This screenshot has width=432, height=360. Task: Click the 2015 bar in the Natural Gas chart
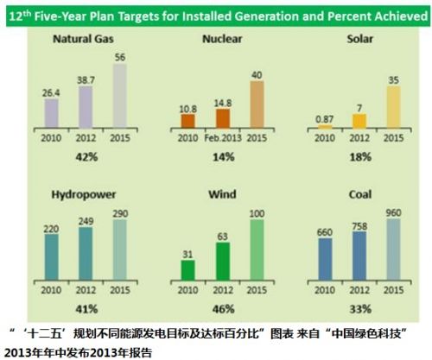pos(120,96)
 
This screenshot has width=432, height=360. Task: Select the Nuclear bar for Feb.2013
pos(223,118)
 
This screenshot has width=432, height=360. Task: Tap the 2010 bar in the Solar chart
pos(325,127)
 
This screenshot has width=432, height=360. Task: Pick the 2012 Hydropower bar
pos(86,254)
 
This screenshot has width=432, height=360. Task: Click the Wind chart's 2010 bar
pos(187,270)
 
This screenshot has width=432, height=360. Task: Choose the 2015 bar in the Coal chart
pos(393,249)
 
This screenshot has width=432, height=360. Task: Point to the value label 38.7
pos(86,80)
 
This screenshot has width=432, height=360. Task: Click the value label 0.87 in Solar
pos(324,119)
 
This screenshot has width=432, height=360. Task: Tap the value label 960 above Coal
pos(393,213)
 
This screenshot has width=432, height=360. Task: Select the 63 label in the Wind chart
pos(223,237)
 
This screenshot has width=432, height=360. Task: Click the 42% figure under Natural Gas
pos(86,157)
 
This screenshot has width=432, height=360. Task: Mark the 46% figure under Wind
pos(224,309)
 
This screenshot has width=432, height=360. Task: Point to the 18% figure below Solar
pos(360,157)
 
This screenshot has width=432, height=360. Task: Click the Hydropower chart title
pos(84,195)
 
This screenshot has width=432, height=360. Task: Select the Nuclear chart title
pos(222,39)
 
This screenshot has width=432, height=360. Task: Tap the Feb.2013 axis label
pos(223,138)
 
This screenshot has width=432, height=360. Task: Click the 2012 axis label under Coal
pos(359,290)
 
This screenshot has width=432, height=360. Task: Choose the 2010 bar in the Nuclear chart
pos(187,121)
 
